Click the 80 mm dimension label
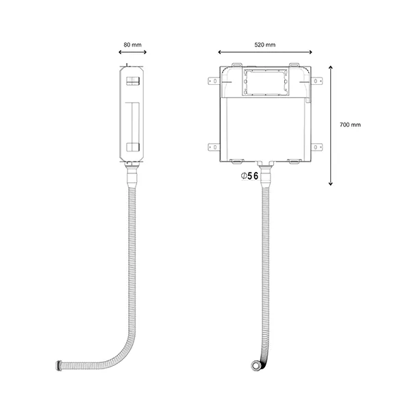[132, 45]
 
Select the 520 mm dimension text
[264, 45]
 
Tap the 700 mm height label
[350, 125]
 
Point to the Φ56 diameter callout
[249, 176]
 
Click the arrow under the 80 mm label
[132, 52]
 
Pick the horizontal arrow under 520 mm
[265, 52]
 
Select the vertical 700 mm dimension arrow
[331, 125]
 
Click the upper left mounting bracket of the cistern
[214, 81]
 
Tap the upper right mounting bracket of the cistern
[317, 81]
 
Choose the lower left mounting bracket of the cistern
[214, 147]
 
